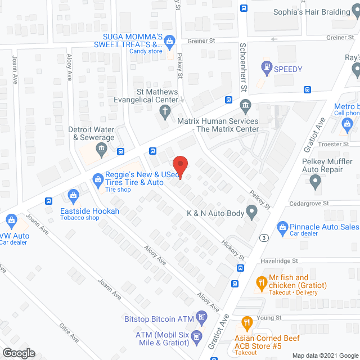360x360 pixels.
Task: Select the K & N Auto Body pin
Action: click(x=251, y=213)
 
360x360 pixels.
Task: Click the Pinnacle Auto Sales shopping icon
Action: click(x=283, y=227)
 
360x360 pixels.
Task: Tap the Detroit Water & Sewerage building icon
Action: click(x=101, y=149)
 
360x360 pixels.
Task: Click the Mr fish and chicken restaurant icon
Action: click(x=261, y=281)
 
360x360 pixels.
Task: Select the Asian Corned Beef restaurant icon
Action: click(x=246, y=323)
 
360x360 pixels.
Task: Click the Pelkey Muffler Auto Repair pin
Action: click(x=315, y=181)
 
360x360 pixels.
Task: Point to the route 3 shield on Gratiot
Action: click(x=263, y=237)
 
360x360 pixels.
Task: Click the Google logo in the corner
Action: click(x=18, y=353)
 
